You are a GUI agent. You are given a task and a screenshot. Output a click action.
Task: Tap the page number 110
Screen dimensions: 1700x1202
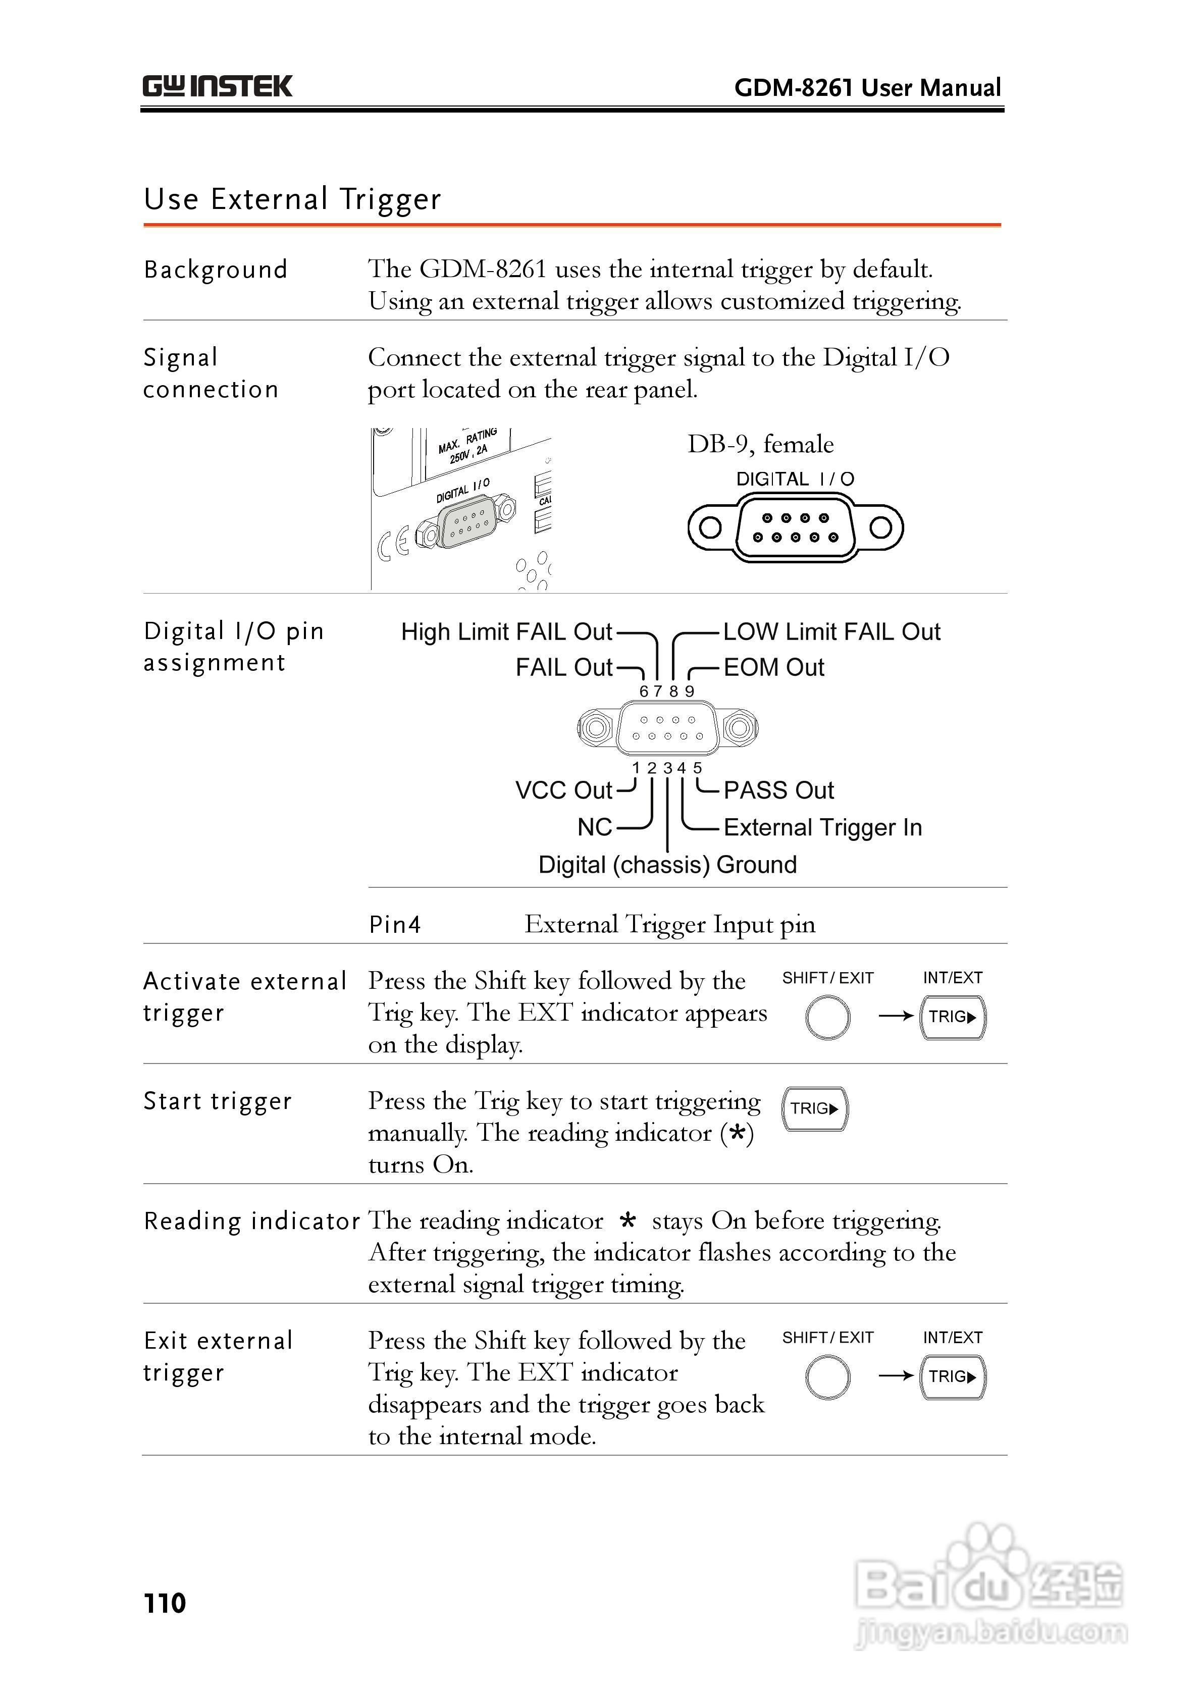(165, 1603)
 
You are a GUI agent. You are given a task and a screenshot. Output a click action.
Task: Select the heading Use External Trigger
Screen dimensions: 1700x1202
(292, 199)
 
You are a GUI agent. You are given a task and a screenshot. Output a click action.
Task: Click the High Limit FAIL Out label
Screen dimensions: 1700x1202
(506, 631)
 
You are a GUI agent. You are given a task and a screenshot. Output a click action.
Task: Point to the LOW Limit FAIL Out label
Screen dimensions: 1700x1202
(831, 631)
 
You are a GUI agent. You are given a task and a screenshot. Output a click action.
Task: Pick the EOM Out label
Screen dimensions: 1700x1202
(773, 667)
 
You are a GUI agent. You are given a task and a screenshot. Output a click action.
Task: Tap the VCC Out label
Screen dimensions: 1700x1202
(563, 790)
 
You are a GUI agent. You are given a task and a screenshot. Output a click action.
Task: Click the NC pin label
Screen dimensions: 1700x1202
(594, 827)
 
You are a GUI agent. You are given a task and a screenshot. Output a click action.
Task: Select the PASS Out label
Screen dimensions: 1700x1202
(778, 790)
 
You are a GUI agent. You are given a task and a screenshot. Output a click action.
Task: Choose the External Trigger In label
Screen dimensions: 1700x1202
(822, 827)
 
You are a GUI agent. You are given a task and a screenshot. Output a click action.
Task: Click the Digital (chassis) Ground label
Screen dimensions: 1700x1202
(667, 864)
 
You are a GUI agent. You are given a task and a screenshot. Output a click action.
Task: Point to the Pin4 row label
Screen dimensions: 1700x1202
(395, 924)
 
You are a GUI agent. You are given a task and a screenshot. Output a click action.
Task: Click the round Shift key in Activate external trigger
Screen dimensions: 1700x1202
(827, 1018)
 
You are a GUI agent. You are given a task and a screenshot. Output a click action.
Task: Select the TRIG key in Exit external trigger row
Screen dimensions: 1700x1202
(953, 1376)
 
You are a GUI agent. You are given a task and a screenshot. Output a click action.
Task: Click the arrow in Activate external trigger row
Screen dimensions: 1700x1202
(896, 1016)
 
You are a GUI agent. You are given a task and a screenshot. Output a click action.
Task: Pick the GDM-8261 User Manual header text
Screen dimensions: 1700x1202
(867, 87)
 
